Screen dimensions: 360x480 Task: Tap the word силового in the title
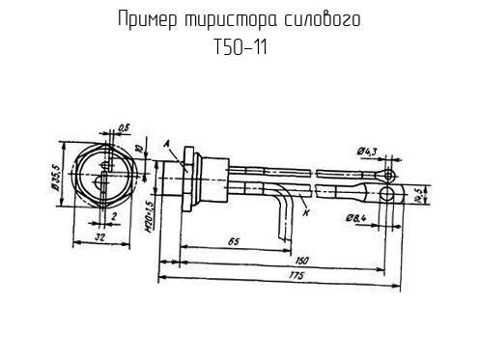point(324,20)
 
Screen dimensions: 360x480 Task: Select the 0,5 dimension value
point(125,125)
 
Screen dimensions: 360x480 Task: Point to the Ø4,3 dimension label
point(367,150)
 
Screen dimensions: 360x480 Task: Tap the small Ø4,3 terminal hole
point(387,174)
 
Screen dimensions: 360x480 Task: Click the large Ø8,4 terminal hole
point(387,193)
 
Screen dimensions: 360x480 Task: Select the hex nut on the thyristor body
point(184,180)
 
